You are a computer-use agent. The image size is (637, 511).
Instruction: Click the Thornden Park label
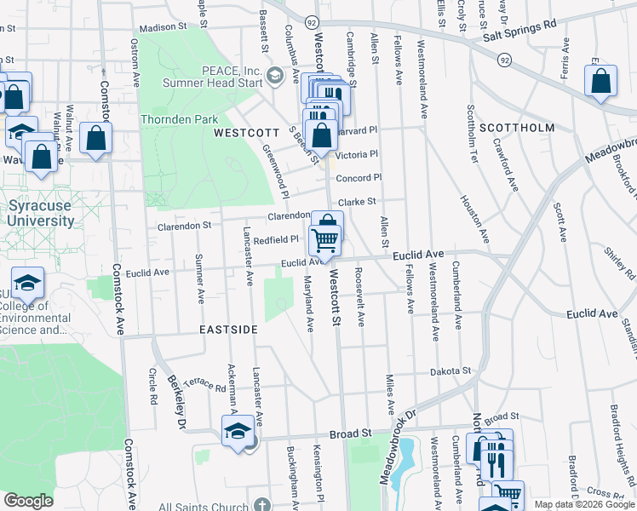180,120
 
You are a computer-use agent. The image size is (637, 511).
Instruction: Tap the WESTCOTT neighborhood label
246,134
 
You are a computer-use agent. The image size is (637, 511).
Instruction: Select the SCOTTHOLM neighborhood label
517,128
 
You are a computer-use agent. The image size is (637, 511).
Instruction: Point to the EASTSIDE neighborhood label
227,329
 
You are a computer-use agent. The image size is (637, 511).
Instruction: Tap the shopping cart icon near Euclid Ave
324,240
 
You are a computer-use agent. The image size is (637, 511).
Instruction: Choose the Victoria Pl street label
356,155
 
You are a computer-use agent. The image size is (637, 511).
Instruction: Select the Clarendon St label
184,227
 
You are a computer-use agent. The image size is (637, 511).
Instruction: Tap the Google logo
28,501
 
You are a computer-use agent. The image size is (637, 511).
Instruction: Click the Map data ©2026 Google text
583,504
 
